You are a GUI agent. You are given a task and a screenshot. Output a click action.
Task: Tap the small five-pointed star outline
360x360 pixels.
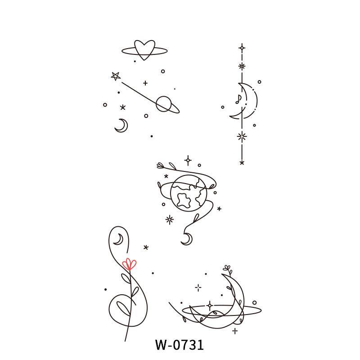pos(116,76)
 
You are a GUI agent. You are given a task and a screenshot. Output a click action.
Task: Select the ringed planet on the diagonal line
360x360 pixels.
pos(164,104)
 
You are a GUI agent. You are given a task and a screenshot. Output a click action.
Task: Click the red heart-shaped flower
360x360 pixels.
pos(130,264)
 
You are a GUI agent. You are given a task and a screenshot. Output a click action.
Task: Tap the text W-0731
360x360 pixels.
pos(180,345)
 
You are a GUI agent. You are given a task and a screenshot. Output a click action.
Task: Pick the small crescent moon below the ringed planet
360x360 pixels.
pos(121,126)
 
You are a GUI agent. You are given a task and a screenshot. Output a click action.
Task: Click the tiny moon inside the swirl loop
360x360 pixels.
pos(118,239)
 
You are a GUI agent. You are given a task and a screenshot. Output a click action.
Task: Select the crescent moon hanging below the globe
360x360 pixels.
pos(186,239)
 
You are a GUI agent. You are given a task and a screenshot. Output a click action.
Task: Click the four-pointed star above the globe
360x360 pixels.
pos(188,160)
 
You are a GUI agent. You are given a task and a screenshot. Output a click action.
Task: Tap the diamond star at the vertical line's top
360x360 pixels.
pos(242,47)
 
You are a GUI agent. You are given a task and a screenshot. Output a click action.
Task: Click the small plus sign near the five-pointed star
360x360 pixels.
pos(145,83)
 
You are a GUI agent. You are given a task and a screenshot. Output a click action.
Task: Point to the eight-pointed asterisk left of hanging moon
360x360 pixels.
pos(170,220)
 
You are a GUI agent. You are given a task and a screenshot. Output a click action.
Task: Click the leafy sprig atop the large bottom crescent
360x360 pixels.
pos(227,270)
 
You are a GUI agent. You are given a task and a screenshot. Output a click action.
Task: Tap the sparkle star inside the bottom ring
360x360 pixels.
pos(209,305)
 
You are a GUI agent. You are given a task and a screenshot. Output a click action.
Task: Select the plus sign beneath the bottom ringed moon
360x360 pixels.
pos(235,331)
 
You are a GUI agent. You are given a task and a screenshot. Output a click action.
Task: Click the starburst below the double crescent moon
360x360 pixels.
pos(242,136)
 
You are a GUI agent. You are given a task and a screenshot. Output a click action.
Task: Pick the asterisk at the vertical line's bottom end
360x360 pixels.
pos(242,162)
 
